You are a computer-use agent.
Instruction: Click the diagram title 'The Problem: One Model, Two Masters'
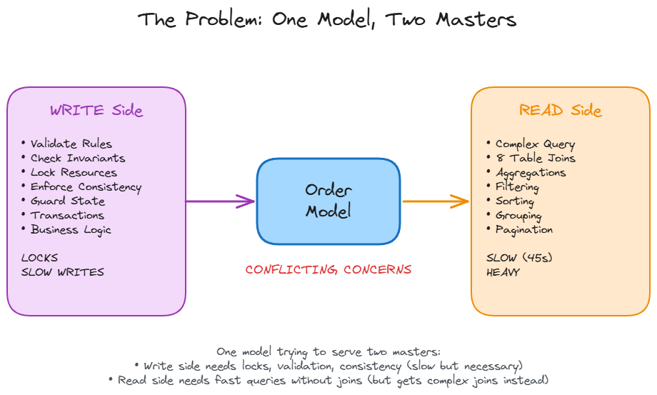pos(328,19)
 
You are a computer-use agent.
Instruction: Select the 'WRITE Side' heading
pos(96,111)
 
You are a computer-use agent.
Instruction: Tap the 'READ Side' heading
pos(560,111)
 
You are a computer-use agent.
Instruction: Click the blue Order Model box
pos(328,201)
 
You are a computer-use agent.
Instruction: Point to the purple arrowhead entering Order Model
pos(249,201)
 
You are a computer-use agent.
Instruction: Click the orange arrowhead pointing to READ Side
pos(462,201)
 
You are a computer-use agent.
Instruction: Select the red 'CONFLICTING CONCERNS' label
pos(328,270)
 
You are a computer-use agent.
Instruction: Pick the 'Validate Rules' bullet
pos(71,144)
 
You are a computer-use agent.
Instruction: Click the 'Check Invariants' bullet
pos(77,159)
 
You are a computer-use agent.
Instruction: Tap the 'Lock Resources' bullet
pos(73,173)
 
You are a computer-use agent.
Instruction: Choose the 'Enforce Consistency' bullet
pos(86,187)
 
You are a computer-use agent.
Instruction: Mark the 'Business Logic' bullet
pos(71,230)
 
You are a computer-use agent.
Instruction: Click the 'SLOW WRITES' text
pos(62,272)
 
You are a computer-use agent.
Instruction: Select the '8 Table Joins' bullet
pos(535,159)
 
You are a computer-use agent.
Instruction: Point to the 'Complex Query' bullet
pos(535,144)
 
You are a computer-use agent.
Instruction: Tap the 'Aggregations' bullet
pos(530,173)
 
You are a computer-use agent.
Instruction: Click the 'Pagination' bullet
pos(523,230)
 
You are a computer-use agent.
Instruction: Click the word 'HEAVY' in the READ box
pos(503,272)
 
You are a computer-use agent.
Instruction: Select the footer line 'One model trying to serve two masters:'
pos(328,351)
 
